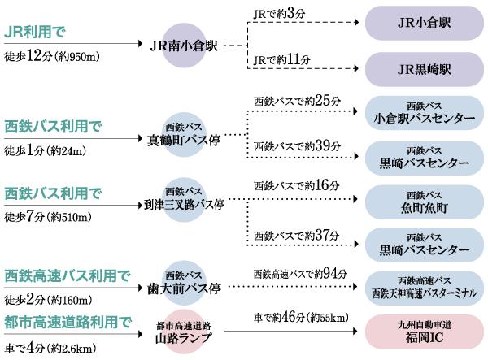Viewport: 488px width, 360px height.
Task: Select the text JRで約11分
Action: [280, 59]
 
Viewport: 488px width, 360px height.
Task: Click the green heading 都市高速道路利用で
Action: [68, 323]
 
